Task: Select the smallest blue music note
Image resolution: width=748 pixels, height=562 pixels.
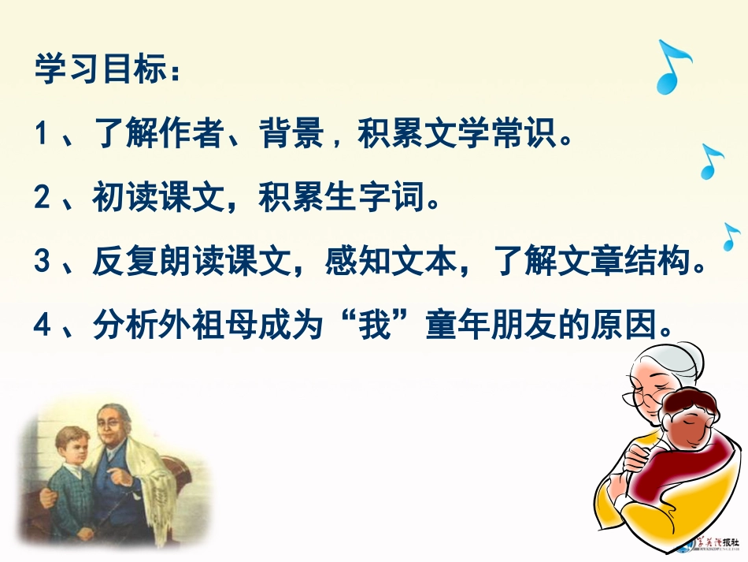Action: tap(731, 236)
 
